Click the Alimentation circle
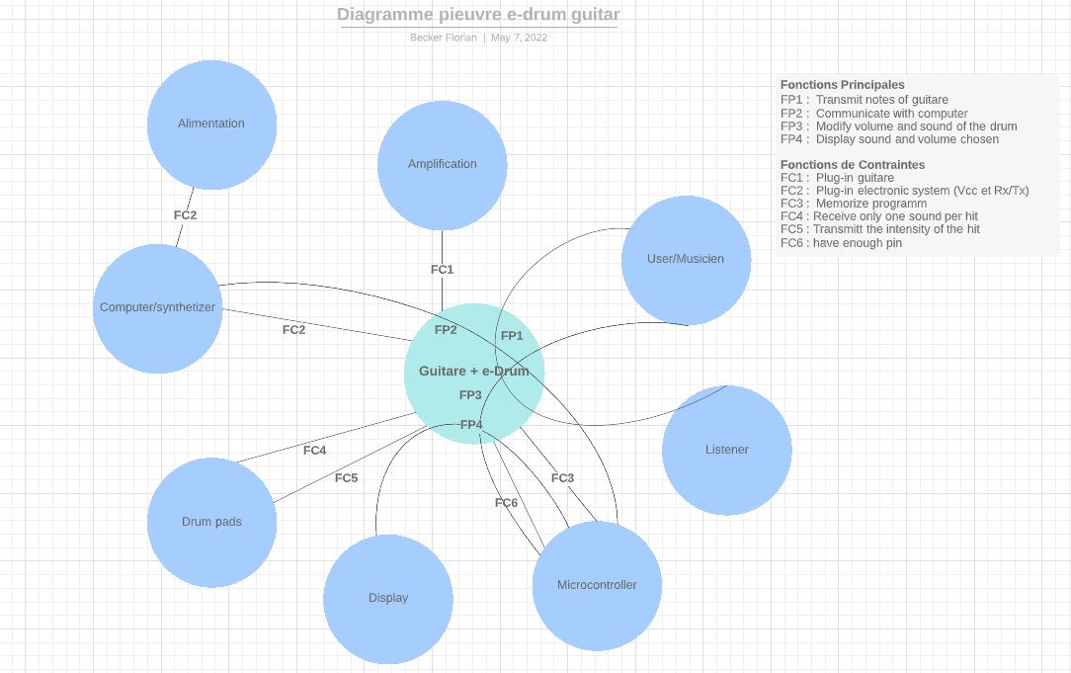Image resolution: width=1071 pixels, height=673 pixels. [211, 125]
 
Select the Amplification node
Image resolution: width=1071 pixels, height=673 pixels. [442, 165]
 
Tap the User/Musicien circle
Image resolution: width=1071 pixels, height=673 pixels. [686, 260]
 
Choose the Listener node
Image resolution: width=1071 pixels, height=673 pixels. [726, 450]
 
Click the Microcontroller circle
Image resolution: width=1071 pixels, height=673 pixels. [597, 585]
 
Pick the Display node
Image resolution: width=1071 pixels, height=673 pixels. [387, 599]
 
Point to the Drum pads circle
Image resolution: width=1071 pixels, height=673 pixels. [211, 522]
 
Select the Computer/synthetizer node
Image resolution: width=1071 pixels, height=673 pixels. [157, 308]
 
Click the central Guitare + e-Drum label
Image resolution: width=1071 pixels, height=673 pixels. [473, 372]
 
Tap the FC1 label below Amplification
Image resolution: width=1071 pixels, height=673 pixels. [442, 269]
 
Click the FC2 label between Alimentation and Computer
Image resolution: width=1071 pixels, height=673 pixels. [185, 214]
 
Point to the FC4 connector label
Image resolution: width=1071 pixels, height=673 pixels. [314, 451]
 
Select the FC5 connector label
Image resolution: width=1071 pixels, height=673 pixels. [346, 478]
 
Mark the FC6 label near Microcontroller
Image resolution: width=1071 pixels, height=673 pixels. [506, 503]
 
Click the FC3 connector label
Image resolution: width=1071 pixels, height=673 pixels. [562, 478]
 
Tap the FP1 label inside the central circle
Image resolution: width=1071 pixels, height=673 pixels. [512, 336]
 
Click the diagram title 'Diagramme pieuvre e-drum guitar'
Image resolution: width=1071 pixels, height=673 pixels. [478, 15]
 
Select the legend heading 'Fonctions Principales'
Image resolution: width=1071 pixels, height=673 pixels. [842, 85]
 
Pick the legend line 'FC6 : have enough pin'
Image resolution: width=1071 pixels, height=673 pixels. [841, 243]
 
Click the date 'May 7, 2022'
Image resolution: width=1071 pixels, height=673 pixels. [519, 38]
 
